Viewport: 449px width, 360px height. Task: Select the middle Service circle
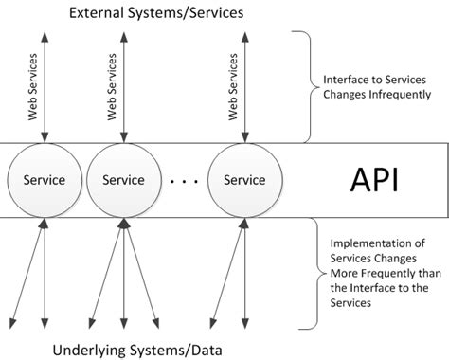coord(123,179)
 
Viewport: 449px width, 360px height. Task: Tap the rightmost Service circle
coord(245,179)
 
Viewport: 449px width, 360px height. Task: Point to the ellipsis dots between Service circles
coord(185,180)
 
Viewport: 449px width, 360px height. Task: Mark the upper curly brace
coord(302,86)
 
